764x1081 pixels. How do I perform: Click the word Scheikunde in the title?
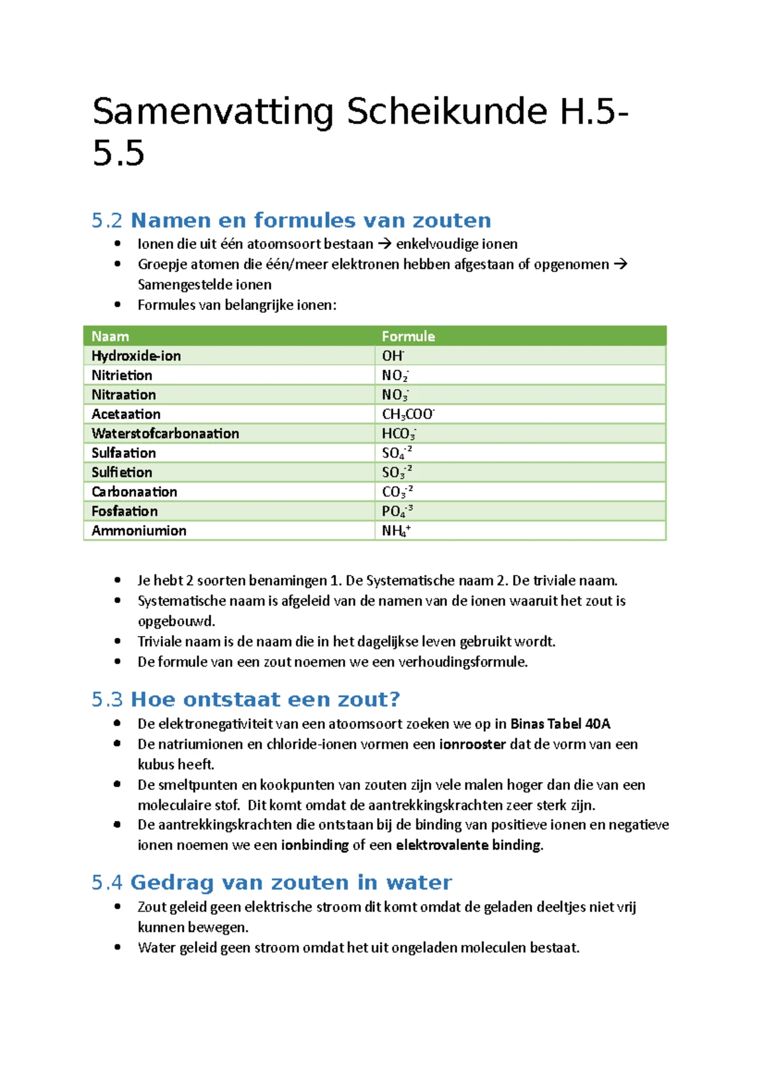pyautogui.click(x=446, y=112)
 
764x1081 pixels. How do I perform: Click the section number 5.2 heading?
pyautogui.click(x=106, y=221)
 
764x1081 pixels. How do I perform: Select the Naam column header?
pyautogui.click(x=110, y=336)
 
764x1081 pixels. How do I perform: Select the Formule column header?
pyautogui.click(x=408, y=336)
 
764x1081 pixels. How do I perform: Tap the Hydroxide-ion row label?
pyautogui.click(x=136, y=356)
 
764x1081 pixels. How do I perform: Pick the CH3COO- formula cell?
pyautogui.click(x=407, y=414)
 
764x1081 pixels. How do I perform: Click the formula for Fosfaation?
pyautogui.click(x=397, y=511)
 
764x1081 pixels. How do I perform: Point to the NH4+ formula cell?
pyautogui.click(x=395, y=531)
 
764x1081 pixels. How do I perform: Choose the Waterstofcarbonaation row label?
pyautogui.click(x=165, y=434)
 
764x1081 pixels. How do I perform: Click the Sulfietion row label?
pyautogui.click(x=122, y=472)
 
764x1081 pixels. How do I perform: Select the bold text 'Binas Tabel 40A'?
pyautogui.click(x=560, y=724)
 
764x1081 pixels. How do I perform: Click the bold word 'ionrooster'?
pyautogui.click(x=472, y=744)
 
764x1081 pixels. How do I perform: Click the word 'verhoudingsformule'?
pyautogui.click(x=462, y=662)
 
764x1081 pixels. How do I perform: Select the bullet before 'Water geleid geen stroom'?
pyautogui.click(x=117, y=947)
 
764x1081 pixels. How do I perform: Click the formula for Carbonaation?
pyautogui.click(x=397, y=492)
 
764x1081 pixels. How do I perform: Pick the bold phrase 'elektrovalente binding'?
pyautogui.click(x=469, y=845)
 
